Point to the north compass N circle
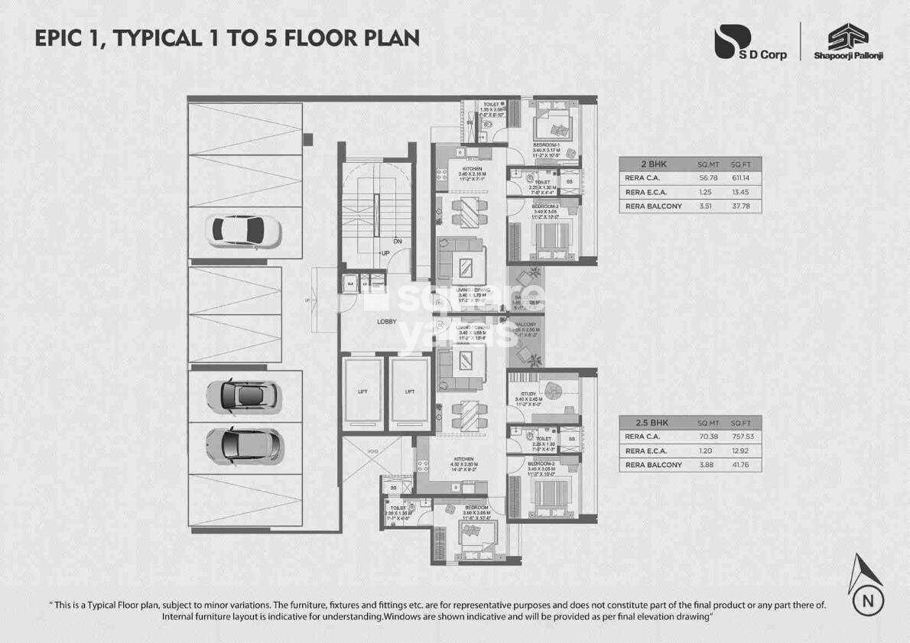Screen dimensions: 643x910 pos(868,599)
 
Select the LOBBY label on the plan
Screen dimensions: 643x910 pos(386,322)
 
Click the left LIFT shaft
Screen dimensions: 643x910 pos(362,391)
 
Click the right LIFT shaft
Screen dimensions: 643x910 pos(410,391)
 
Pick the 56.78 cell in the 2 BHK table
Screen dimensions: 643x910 pos(708,178)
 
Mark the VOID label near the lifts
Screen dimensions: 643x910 pos(372,452)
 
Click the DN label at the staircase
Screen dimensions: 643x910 pos(398,240)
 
